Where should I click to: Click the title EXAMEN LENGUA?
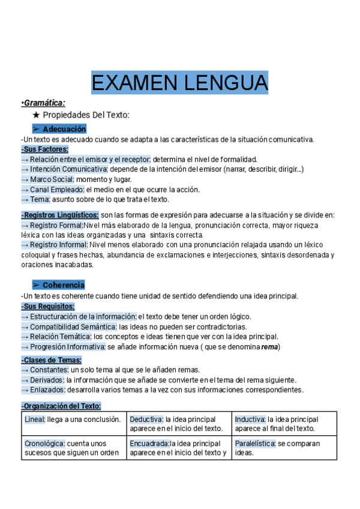[x=179, y=82]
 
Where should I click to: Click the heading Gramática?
[x=44, y=103]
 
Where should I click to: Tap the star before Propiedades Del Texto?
[x=36, y=115]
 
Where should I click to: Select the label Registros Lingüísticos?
[x=60, y=214]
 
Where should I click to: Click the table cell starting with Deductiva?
[x=179, y=424]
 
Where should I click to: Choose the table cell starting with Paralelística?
[x=284, y=448]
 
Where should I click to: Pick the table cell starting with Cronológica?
[x=73, y=448]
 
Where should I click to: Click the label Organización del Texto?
[x=61, y=406]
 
